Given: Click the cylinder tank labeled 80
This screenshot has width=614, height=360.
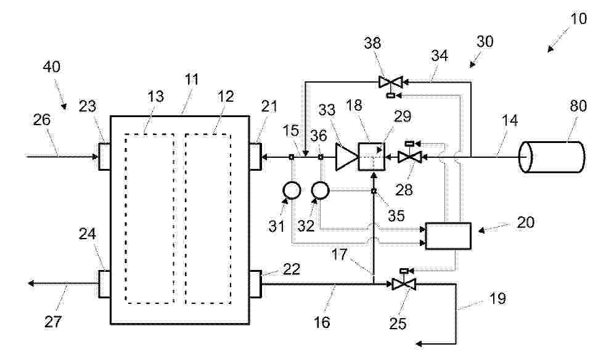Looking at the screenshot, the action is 552,157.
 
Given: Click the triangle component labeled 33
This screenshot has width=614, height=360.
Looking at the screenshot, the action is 346,157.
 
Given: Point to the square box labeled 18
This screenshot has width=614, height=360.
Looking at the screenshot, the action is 372,157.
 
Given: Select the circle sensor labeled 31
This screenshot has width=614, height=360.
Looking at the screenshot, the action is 292,190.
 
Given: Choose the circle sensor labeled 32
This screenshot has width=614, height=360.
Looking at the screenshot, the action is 321,190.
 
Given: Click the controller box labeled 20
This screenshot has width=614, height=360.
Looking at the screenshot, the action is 448,236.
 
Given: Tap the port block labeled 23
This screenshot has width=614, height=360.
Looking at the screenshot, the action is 104,157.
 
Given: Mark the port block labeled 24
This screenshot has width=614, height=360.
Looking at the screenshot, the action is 104,284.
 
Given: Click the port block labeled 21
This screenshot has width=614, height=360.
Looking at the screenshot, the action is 255,157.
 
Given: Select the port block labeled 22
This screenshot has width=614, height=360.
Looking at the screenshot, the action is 255,284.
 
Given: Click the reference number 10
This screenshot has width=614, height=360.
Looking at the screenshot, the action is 578,18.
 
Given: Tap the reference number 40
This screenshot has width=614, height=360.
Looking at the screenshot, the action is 52,67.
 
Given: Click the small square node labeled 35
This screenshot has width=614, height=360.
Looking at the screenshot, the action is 374,191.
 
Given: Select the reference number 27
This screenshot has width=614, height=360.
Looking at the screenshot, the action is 53,322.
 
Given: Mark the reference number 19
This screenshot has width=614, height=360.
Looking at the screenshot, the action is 497,298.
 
